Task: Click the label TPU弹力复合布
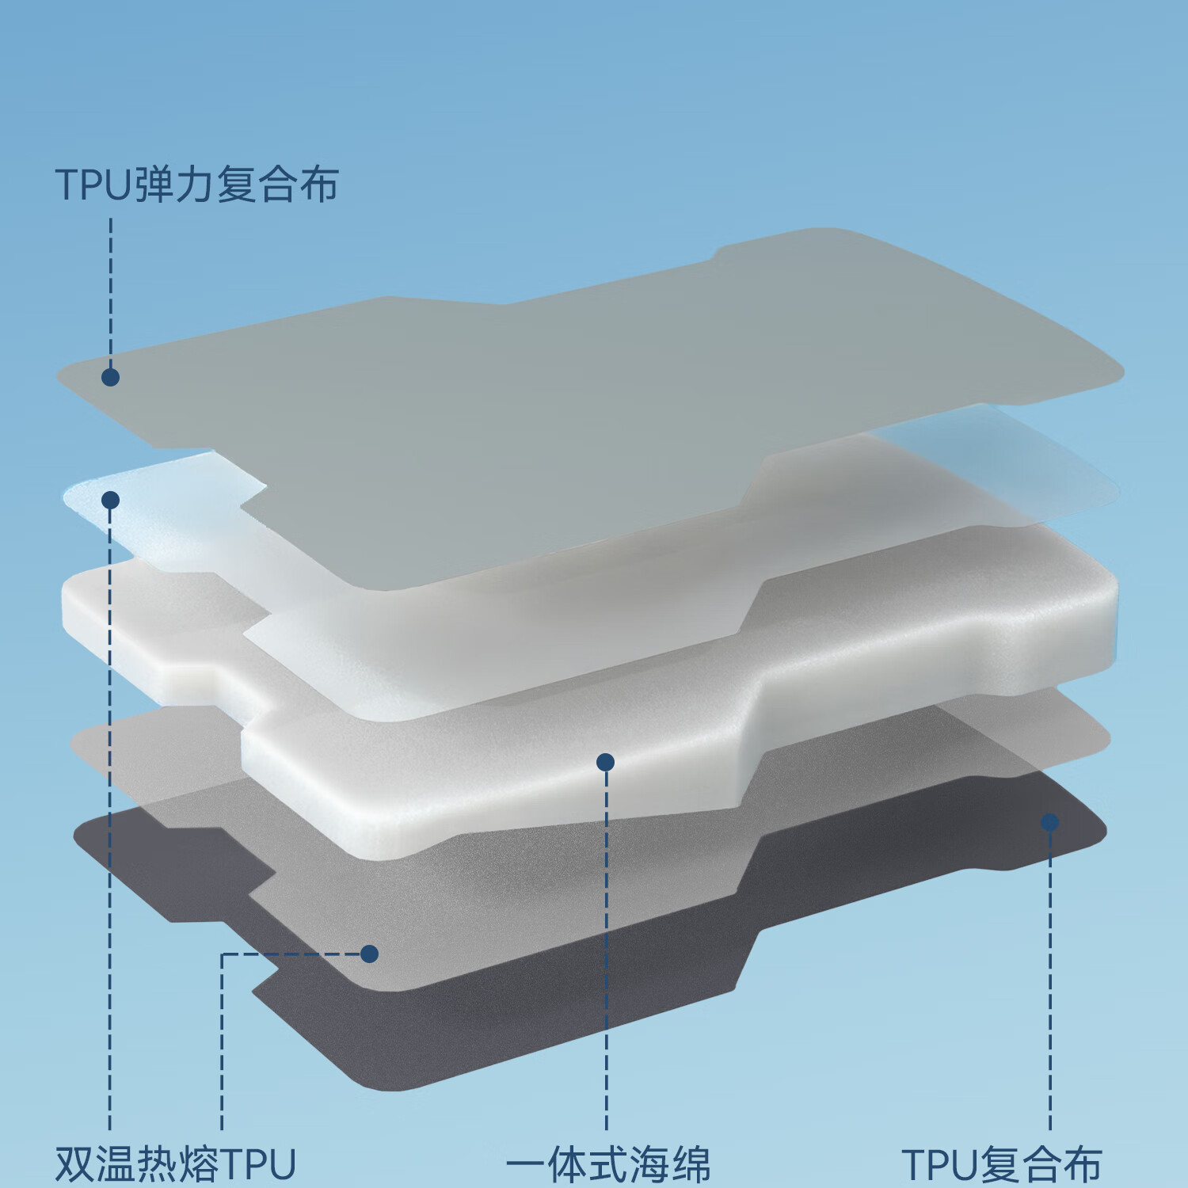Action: pyautogui.click(x=196, y=185)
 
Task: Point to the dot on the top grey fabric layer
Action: pyautogui.click(x=110, y=377)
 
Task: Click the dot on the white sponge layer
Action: pyautogui.click(x=605, y=762)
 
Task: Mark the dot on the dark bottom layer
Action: pyautogui.click(x=1049, y=822)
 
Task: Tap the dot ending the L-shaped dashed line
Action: pyautogui.click(x=369, y=954)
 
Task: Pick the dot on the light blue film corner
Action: pyautogui.click(x=110, y=500)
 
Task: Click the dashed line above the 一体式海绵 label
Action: pyautogui.click(x=606, y=950)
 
